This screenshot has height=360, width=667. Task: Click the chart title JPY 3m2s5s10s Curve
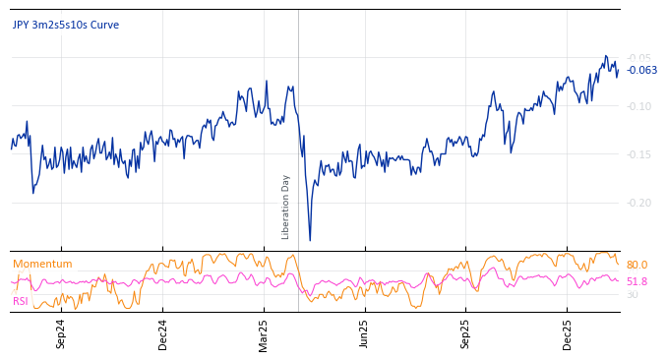pos(66,25)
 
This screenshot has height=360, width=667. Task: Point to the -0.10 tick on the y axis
pos(639,106)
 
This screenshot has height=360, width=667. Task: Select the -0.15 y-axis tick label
pos(639,154)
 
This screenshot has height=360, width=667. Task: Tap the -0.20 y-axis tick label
pos(639,203)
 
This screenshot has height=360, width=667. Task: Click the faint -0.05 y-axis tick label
pos(639,58)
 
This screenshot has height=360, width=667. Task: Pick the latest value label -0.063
pos(642,70)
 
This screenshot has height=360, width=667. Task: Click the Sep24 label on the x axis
pos(61,333)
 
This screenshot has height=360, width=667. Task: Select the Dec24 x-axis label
pos(162,333)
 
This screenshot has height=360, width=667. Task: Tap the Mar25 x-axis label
pos(264,333)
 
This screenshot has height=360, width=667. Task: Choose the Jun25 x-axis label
pos(365,333)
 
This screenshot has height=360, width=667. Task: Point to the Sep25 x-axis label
pos(465,333)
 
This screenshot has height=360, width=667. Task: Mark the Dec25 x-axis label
pos(567,333)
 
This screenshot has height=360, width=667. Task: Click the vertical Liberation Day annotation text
pos(286,207)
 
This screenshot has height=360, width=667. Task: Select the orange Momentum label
pos(42,264)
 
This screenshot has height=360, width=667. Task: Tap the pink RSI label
pos(21,301)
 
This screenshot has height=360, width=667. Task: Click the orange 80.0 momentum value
pos(637,266)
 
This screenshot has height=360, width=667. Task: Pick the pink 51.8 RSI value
pos(637,281)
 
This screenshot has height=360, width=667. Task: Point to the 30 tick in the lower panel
pos(632,295)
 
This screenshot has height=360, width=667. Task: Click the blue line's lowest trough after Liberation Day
pos(310,240)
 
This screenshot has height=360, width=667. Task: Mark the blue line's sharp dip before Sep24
pos(32,192)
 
